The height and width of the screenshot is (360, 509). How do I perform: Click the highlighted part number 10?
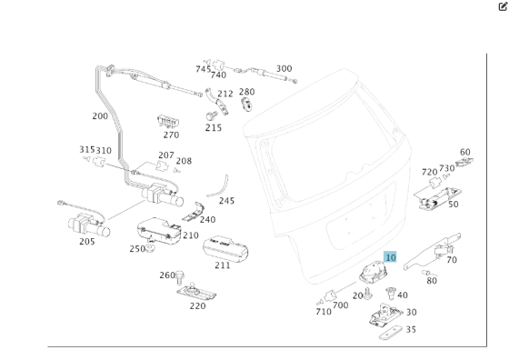click(391, 258)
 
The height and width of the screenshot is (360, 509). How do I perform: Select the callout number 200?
click(100, 116)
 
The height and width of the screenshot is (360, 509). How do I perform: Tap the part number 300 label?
click(284, 68)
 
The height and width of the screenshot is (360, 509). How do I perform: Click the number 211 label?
click(222, 265)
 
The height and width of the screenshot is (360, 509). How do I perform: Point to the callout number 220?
click(197, 306)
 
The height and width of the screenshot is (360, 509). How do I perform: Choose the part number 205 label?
click(86, 241)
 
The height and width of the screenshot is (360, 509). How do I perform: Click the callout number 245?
click(226, 201)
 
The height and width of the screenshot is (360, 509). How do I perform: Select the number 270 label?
click(171, 135)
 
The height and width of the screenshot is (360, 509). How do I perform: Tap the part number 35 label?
click(411, 330)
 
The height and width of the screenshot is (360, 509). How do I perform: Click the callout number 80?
click(432, 281)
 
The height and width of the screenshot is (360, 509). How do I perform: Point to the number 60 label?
click(465, 153)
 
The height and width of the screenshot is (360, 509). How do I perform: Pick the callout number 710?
click(324, 312)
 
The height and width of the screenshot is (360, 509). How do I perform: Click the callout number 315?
click(86, 150)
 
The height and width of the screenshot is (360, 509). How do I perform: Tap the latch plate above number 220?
click(197, 292)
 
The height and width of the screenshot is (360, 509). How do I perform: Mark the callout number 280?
click(246, 92)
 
